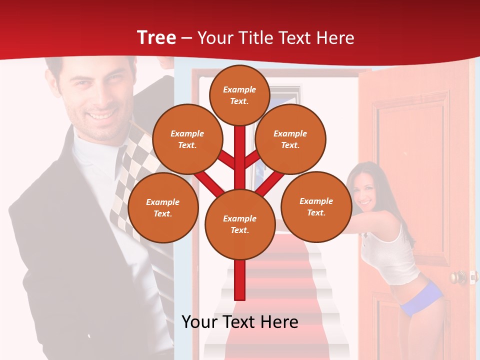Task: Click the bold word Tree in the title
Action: (156, 37)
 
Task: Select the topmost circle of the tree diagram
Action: (239, 95)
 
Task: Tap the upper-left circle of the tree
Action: (187, 139)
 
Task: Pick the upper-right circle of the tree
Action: (290, 139)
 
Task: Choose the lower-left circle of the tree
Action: (162, 207)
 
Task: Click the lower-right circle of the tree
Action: (316, 206)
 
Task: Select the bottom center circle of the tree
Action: (239, 224)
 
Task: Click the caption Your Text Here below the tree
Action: (239, 322)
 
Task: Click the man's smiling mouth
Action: (101, 115)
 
